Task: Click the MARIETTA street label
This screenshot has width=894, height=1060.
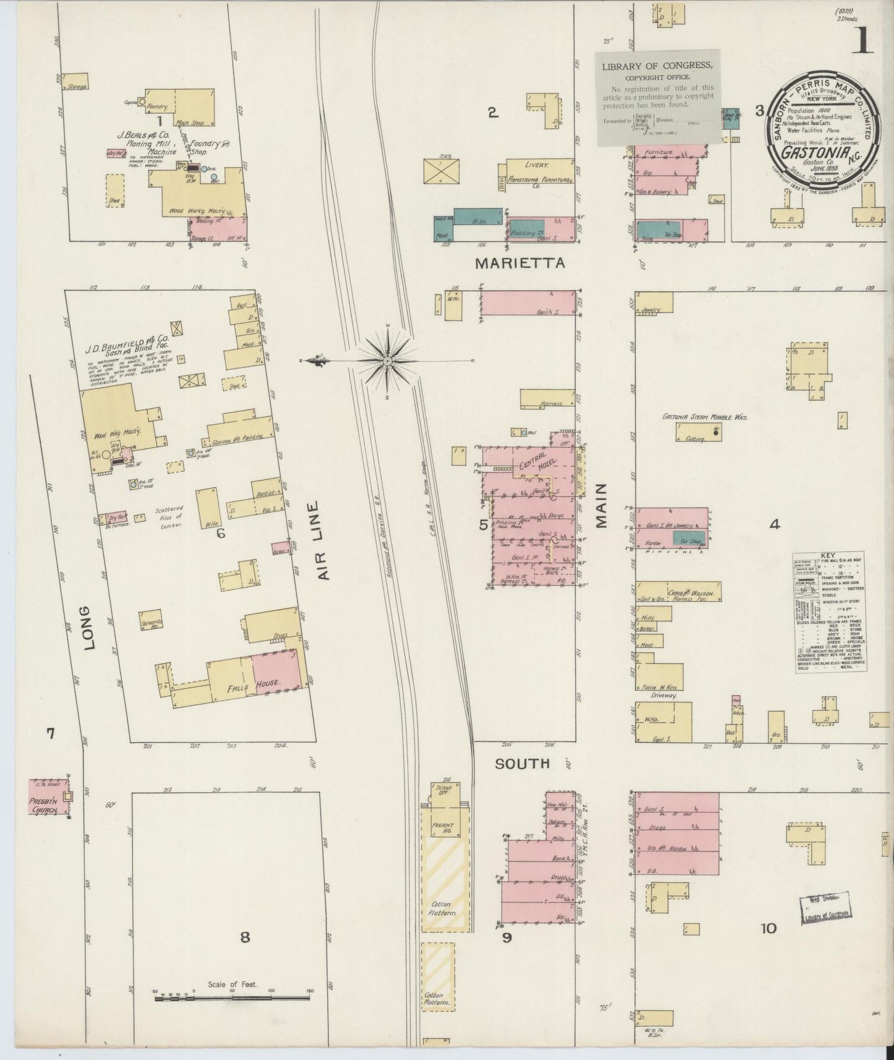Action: pyautogui.click(x=520, y=263)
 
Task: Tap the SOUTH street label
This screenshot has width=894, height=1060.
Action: pyautogui.click(x=522, y=764)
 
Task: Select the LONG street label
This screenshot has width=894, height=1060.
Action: pyautogui.click(x=90, y=627)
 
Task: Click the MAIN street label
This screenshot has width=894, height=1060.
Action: pyautogui.click(x=602, y=505)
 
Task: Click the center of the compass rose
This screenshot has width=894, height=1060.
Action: pyautogui.click(x=387, y=361)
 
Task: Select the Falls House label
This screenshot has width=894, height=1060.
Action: pyautogui.click(x=263, y=683)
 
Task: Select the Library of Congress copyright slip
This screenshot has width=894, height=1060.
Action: pyautogui.click(x=658, y=97)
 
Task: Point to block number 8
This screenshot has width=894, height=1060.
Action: pyautogui.click(x=245, y=937)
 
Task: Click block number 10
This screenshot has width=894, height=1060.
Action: pyautogui.click(x=768, y=928)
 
